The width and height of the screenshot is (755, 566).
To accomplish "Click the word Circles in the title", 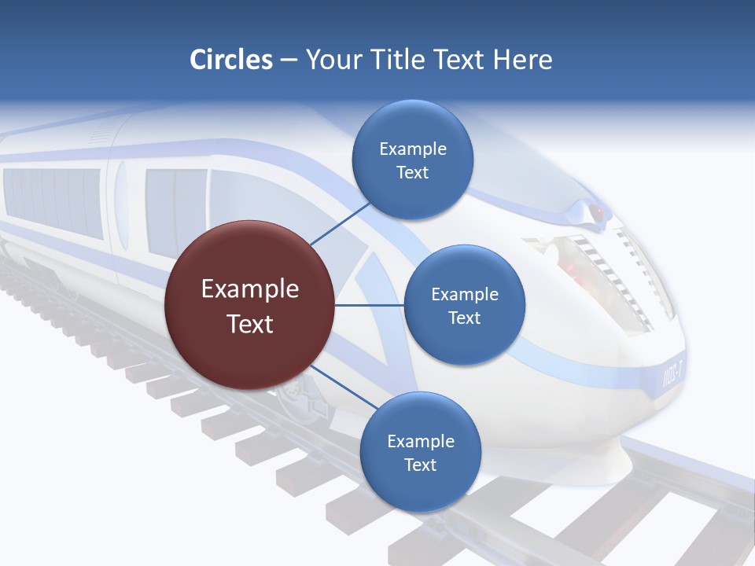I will click(x=231, y=60).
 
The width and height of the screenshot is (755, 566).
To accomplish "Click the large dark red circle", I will click(x=249, y=305).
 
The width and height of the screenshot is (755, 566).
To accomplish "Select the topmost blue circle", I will click(x=412, y=160).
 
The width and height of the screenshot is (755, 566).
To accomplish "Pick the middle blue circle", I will click(x=464, y=305).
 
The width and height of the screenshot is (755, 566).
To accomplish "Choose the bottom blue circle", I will click(x=420, y=452).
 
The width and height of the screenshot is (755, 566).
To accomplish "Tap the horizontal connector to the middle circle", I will click(x=369, y=305).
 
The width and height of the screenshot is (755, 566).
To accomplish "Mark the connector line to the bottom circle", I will click(x=343, y=388).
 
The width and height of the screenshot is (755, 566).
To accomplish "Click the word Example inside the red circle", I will click(x=249, y=289).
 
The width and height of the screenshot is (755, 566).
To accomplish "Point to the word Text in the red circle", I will click(x=249, y=324).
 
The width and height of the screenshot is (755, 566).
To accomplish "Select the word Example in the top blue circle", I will click(x=412, y=149).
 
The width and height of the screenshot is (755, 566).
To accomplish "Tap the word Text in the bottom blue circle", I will click(x=420, y=465).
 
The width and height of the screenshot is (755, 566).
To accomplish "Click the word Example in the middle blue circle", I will click(x=464, y=294).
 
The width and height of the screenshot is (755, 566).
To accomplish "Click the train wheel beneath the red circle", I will click(x=295, y=393).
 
